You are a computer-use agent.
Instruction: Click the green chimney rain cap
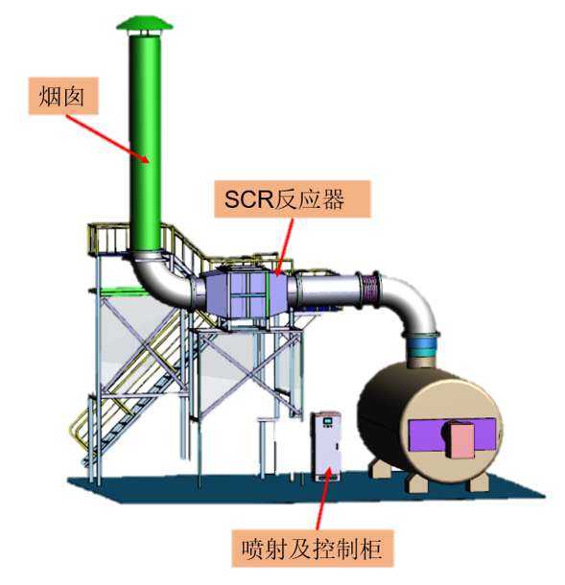pos(145,23)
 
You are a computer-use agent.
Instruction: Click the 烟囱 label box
pos(63,96)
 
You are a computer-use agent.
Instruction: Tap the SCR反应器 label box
pos(293,199)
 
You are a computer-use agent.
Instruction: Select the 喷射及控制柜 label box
pos(313,549)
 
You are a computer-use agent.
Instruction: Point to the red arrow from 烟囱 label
pos(108,139)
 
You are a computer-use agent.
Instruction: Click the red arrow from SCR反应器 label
pos(284,247)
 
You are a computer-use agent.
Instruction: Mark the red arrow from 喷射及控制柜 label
pos(323,498)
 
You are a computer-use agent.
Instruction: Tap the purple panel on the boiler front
pos(453,434)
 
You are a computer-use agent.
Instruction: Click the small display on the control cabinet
pos(328,421)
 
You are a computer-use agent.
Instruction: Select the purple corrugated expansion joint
pos(370,290)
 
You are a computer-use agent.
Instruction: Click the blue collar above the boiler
pos(422,343)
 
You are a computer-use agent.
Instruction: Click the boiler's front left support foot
pos(417,482)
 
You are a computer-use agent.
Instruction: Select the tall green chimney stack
pos(145,142)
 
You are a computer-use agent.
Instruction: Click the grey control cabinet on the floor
pos(327,446)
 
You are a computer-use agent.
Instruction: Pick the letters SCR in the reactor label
pos(248,199)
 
